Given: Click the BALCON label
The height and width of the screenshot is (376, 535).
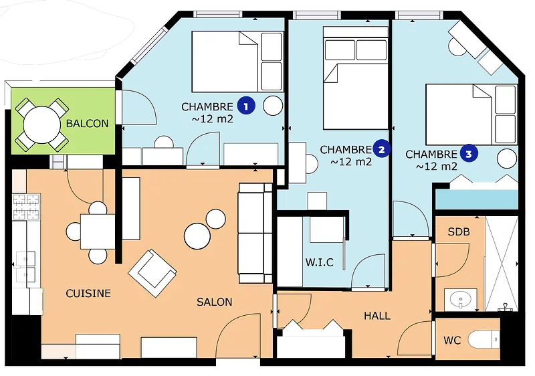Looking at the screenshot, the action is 87,123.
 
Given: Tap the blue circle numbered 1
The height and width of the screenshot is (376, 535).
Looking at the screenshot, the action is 246,106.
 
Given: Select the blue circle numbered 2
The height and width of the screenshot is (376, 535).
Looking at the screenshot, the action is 381,149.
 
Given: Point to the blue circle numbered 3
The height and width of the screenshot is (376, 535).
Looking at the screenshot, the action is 469,153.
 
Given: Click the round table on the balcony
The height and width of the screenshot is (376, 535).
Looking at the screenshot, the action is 42,124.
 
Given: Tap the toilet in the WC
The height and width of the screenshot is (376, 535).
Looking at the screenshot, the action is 484,340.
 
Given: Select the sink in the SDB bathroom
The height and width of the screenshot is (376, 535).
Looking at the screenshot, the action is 460,300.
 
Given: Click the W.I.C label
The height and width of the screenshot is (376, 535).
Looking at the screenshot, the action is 320,262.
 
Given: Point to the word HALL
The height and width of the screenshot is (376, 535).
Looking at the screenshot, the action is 377,316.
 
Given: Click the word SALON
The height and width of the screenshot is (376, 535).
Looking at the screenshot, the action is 215,302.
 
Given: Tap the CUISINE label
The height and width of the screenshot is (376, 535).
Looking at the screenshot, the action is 88,294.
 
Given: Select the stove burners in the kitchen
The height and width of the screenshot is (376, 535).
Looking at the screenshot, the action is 26,207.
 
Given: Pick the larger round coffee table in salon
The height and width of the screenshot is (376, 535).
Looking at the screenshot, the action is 197,236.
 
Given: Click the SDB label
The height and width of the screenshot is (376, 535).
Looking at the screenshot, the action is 459,231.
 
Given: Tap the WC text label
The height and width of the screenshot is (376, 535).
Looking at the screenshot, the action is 452,340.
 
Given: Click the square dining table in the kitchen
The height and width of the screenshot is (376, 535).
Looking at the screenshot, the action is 98,231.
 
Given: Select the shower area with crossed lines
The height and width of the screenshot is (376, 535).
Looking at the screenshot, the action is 501,264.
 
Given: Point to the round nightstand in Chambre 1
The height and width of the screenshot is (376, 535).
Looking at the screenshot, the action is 273,106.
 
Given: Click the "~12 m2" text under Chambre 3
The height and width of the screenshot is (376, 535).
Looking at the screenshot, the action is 437,166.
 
